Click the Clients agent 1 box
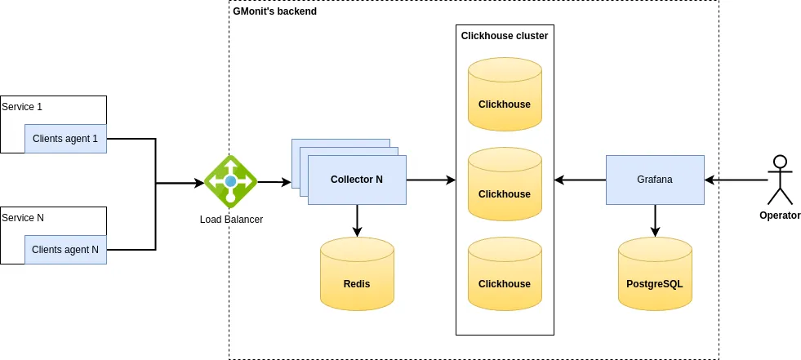click(65, 139)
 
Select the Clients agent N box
click(65, 250)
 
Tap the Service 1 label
click(22, 107)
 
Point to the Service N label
click(23, 218)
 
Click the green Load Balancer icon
click(230, 180)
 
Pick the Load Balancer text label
click(231, 220)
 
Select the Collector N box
click(357, 180)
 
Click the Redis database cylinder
click(357, 273)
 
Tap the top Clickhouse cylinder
click(505, 94)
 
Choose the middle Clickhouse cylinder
click(505, 184)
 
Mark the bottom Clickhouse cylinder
click(505, 273)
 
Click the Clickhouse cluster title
click(505, 36)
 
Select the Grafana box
click(655, 180)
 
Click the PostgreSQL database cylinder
click(655, 273)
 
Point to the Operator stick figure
click(780, 180)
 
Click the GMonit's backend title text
click(275, 11)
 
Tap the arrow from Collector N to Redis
click(357, 220)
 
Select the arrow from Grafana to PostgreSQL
click(655, 220)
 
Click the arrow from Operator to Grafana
click(736, 180)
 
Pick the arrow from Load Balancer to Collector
click(274, 180)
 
